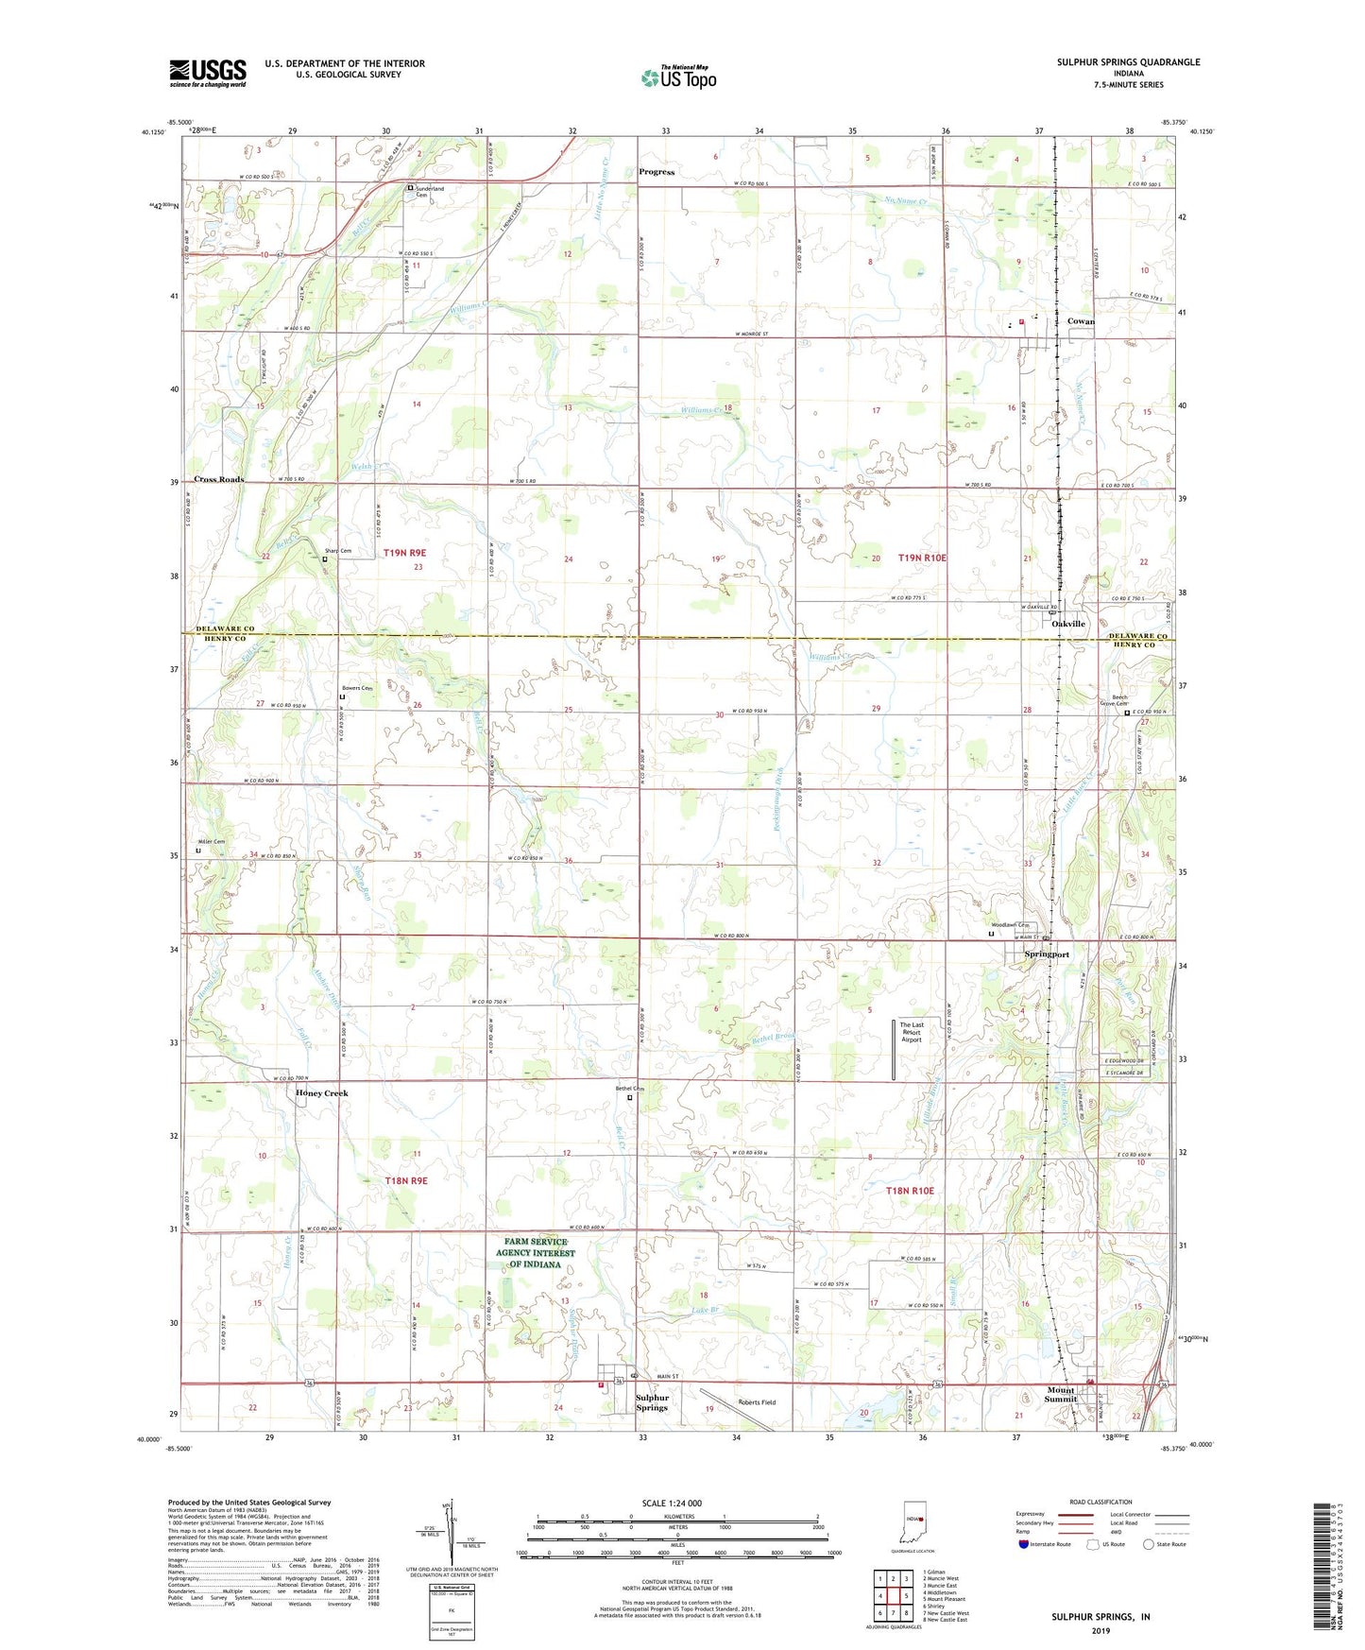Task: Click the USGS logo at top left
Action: pos(207,73)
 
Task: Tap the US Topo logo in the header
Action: pos(678,77)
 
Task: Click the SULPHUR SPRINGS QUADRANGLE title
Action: pos(1128,62)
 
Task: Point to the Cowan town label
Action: pos(1080,321)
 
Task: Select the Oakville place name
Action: pos(1068,624)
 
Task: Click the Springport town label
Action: pos(1047,954)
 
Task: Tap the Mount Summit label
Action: pos(1061,1395)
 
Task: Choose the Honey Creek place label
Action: pos(322,1093)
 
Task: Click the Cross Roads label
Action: pos(219,479)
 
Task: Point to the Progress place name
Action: pos(657,172)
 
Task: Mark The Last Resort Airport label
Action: pos(912,1032)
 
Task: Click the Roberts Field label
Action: pos(757,1402)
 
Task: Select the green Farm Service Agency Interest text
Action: pos(536,1253)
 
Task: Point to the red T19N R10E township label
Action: pos(922,558)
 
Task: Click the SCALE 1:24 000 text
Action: pos(672,1504)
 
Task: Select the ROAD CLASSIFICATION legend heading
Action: pos(1101,1502)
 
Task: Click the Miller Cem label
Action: pos(212,841)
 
